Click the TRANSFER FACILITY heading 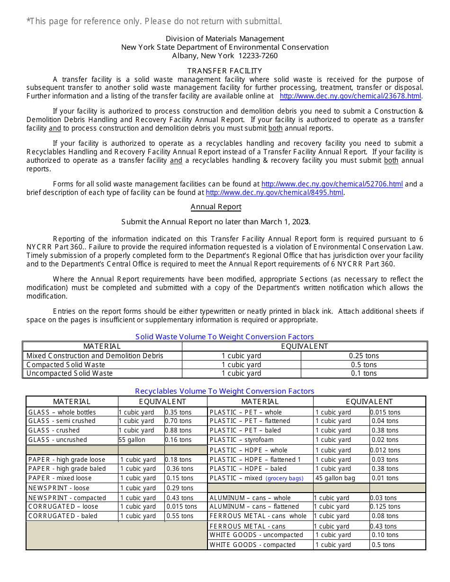click(225, 71)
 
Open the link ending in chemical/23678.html click(350, 96)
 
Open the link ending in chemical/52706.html click(332, 184)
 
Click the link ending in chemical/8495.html click(274, 193)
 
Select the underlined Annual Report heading click(216, 207)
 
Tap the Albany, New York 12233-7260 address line click(225, 56)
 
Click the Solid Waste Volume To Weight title click(225, 337)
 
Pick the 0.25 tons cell click(364, 356)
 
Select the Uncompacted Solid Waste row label click(70, 373)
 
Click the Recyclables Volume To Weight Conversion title click(225, 391)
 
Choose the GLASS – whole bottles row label click(62, 413)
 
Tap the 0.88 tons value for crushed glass click(179, 431)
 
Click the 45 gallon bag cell click(335, 478)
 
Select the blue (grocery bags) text click(284, 478)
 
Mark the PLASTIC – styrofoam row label click(242, 440)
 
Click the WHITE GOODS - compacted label click(252, 545)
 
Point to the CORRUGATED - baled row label click(63, 516)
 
